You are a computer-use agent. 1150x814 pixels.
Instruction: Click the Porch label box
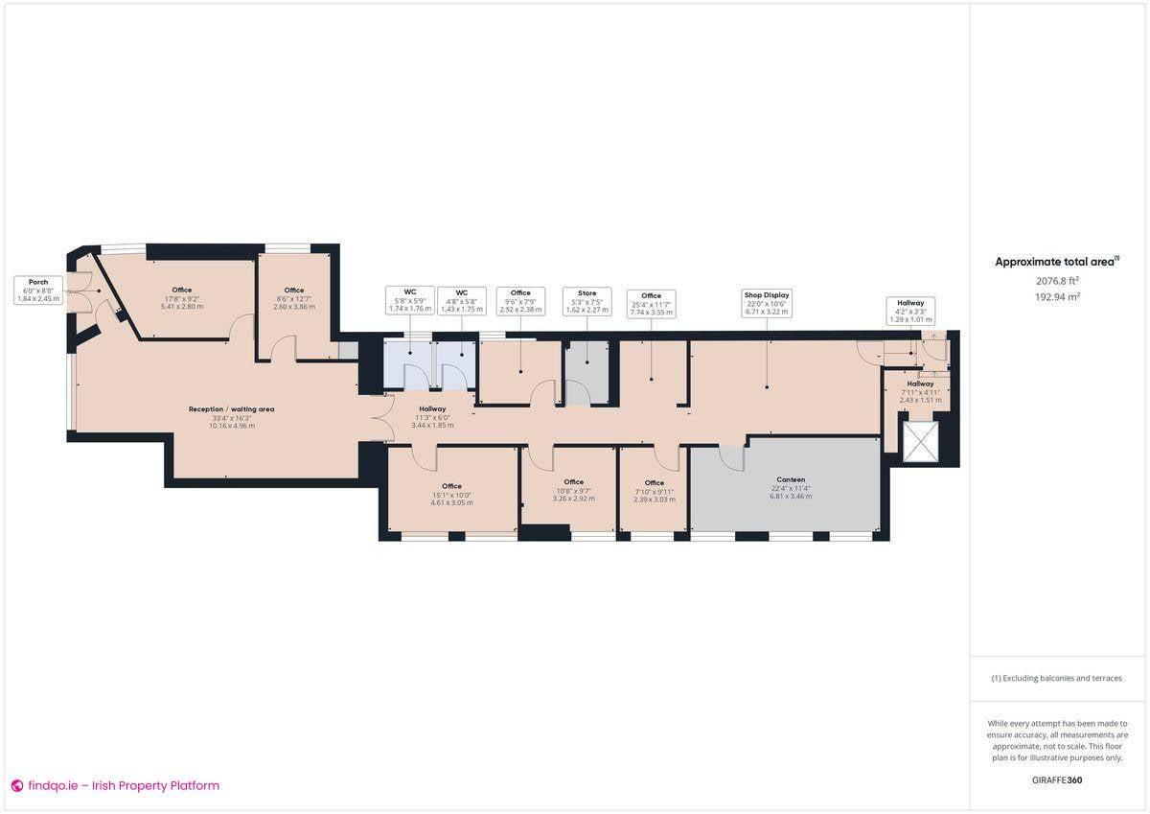coord(38,291)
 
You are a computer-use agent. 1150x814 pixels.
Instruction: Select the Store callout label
coord(586,301)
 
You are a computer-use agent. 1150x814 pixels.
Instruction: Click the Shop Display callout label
coord(767,302)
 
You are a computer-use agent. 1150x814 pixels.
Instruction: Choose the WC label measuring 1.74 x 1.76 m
coord(410,301)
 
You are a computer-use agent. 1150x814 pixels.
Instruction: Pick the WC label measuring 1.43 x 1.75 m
coord(461,301)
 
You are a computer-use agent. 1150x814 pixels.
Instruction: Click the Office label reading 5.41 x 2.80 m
coord(182,297)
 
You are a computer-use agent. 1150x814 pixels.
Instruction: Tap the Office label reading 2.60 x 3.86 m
coord(293,297)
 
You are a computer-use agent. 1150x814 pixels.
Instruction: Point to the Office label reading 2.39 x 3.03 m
coord(654,490)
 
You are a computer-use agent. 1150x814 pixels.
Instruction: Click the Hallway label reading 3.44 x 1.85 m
coord(432,417)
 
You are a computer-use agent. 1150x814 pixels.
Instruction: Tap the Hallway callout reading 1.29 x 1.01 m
coord(910,311)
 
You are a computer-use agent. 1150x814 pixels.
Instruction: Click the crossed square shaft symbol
coord(923,441)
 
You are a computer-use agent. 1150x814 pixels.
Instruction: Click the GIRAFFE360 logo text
coord(1057,779)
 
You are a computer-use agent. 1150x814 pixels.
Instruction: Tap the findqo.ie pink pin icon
coord(16,785)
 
